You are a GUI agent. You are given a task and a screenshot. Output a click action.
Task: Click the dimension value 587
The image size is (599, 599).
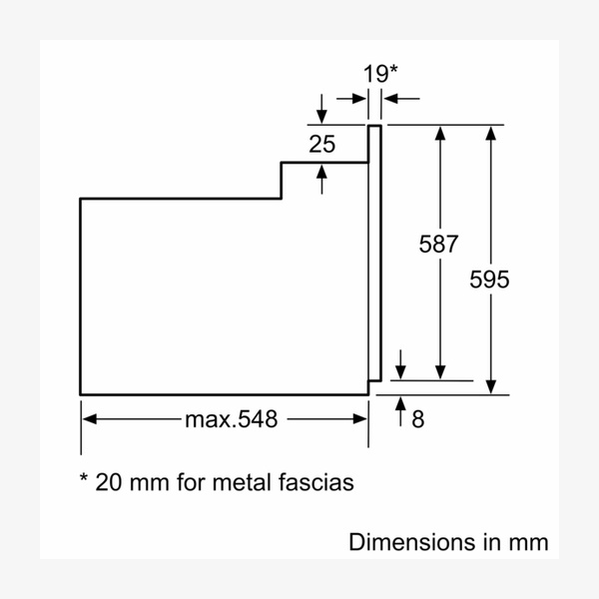coord(439,245)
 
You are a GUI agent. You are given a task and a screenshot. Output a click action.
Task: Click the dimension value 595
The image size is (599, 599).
coord(489,281)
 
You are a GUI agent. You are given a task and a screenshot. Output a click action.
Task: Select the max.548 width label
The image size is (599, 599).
coord(231,418)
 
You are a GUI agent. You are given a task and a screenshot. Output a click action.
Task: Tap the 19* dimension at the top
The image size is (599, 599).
coord(378,72)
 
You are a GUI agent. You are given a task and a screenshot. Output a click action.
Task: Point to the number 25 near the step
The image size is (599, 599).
coord(321,144)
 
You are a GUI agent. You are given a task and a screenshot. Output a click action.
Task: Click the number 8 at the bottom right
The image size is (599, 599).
coord(418,419)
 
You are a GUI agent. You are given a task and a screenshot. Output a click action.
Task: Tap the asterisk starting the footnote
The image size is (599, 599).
coord(84,479)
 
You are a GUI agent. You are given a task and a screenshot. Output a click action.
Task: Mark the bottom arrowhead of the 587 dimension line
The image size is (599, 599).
coord(440,373)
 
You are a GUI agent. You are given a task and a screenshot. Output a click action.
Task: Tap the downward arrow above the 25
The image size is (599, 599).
coord(321,116)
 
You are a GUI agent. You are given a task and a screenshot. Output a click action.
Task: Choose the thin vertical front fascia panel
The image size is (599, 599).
coord(375,250)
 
